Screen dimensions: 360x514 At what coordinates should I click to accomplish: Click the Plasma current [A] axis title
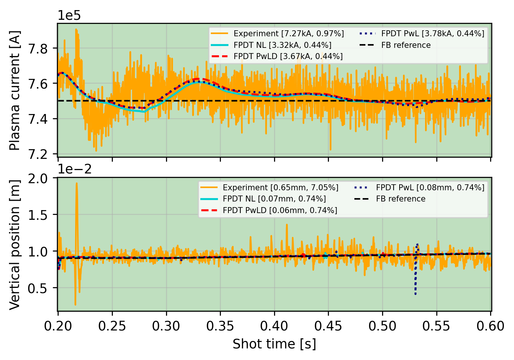(15, 90)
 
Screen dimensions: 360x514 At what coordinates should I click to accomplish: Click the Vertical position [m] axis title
(15, 244)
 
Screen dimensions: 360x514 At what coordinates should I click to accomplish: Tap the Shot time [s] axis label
(274, 344)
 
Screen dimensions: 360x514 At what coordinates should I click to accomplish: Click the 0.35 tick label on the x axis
(220, 326)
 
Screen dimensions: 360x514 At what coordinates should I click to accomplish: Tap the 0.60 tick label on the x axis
(490, 326)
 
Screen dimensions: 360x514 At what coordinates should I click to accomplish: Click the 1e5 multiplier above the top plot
(69, 16)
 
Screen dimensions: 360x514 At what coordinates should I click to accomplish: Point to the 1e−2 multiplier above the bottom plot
(75, 169)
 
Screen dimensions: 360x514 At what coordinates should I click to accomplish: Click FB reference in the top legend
(406, 45)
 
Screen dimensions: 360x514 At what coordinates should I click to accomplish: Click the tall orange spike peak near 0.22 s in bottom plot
(77, 183)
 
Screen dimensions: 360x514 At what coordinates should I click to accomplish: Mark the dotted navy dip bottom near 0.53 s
(415, 294)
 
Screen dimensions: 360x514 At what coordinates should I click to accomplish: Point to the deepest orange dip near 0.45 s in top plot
(330, 150)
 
